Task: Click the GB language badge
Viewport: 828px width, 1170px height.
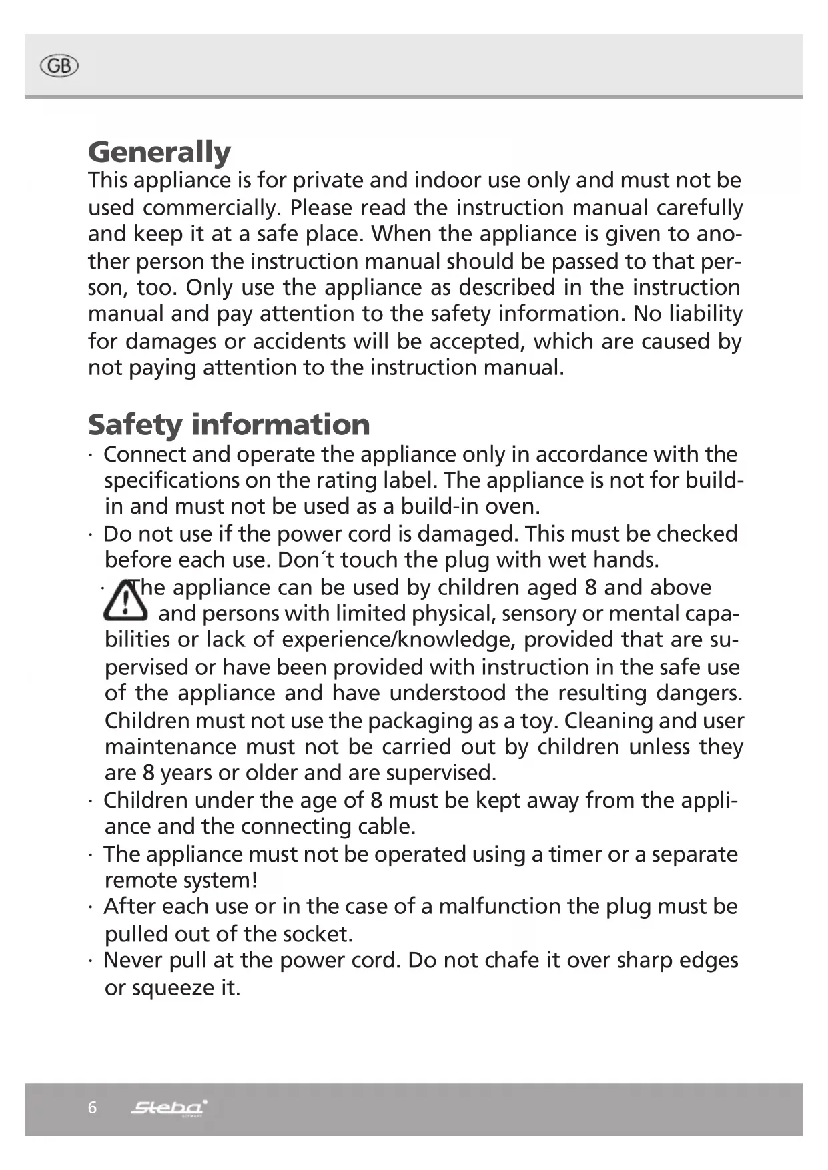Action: coord(59,66)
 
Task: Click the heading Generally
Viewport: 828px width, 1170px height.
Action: coord(159,152)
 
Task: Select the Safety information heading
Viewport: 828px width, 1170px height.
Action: coord(229,424)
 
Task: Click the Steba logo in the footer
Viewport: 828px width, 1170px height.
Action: coord(169,1108)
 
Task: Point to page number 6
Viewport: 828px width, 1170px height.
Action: coord(92,1108)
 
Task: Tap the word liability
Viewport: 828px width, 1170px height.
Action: coord(705,314)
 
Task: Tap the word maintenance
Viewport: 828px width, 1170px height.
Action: coord(170,747)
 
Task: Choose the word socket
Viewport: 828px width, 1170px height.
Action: coord(317,934)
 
